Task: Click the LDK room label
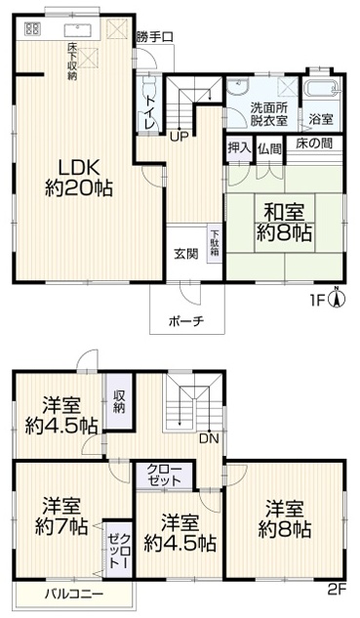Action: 79,178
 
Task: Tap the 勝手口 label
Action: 155,37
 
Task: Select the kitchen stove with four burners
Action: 32,28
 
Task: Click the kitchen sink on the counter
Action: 78,29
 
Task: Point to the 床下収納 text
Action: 72,62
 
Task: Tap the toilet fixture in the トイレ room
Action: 148,84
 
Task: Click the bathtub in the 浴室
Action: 322,89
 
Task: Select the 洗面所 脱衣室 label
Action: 269,114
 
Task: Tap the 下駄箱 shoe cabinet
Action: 215,243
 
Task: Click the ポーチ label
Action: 186,321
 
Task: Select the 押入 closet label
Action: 239,148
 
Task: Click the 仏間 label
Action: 270,148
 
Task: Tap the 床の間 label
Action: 315,144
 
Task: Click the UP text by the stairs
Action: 180,137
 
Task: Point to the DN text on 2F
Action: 209,438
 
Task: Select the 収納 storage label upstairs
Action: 119,401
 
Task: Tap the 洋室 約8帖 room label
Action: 284,519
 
